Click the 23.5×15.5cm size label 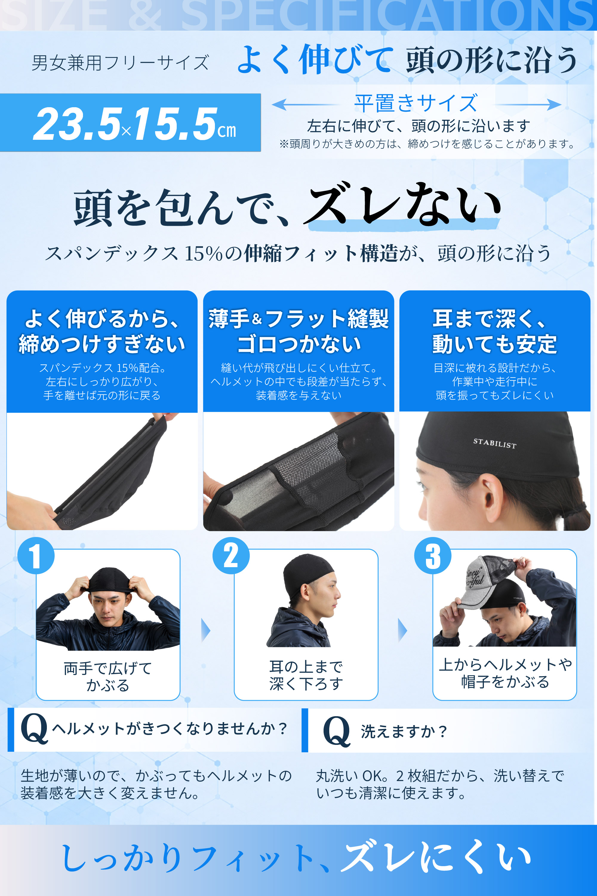(x=134, y=123)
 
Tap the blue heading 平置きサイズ (x=416, y=103)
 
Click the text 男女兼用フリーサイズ (x=120, y=63)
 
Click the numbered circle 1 (x=36, y=556)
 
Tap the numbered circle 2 (x=231, y=556)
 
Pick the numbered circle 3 (x=433, y=556)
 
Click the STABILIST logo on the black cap (x=495, y=444)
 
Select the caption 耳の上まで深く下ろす (x=306, y=675)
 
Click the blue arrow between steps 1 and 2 (x=206, y=630)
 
